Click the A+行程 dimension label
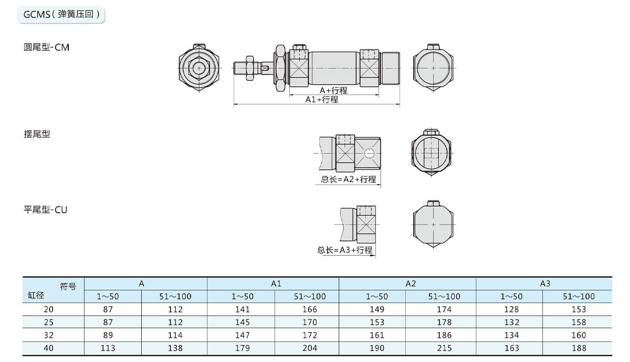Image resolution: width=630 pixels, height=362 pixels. (333, 90)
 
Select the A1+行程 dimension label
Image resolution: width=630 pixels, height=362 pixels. (322, 99)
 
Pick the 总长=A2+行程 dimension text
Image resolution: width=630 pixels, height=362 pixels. (349, 179)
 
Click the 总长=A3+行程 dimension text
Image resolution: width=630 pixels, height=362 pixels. (345, 250)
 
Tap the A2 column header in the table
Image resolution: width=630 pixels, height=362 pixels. (410, 283)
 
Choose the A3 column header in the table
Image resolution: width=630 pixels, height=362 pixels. (545, 283)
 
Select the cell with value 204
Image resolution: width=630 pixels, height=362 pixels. (310, 348)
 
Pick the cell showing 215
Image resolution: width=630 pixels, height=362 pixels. (444, 348)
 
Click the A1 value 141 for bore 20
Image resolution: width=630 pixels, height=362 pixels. (242, 309)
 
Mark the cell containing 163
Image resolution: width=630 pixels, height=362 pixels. (511, 348)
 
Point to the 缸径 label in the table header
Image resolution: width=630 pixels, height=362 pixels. (35, 296)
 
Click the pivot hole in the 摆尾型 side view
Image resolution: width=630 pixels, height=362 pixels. (369, 153)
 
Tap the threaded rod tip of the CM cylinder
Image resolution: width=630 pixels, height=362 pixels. (239, 68)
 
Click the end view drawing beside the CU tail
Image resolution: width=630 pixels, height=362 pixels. (433, 224)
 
